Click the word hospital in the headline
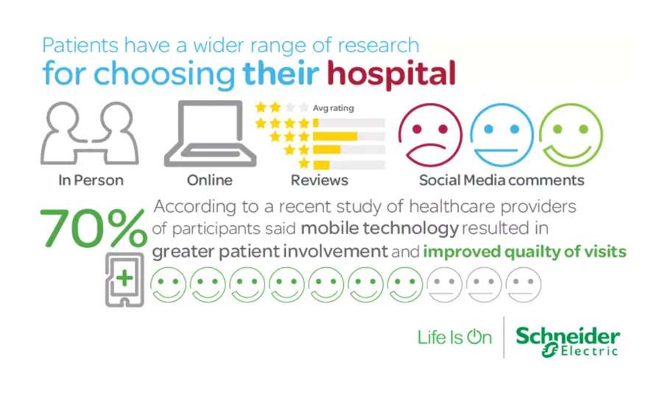coord(391,74)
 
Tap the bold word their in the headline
coord(281,73)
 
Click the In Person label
coord(91,180)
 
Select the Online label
coord(210,180)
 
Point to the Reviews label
coord(319,180)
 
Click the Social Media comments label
coord(502,180)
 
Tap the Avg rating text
coord(333,108)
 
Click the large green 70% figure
coord(94,229)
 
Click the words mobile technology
coord(379,229)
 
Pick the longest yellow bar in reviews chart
coord(335,136)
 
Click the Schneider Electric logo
coord(567,341)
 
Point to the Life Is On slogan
coord(455,338)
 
